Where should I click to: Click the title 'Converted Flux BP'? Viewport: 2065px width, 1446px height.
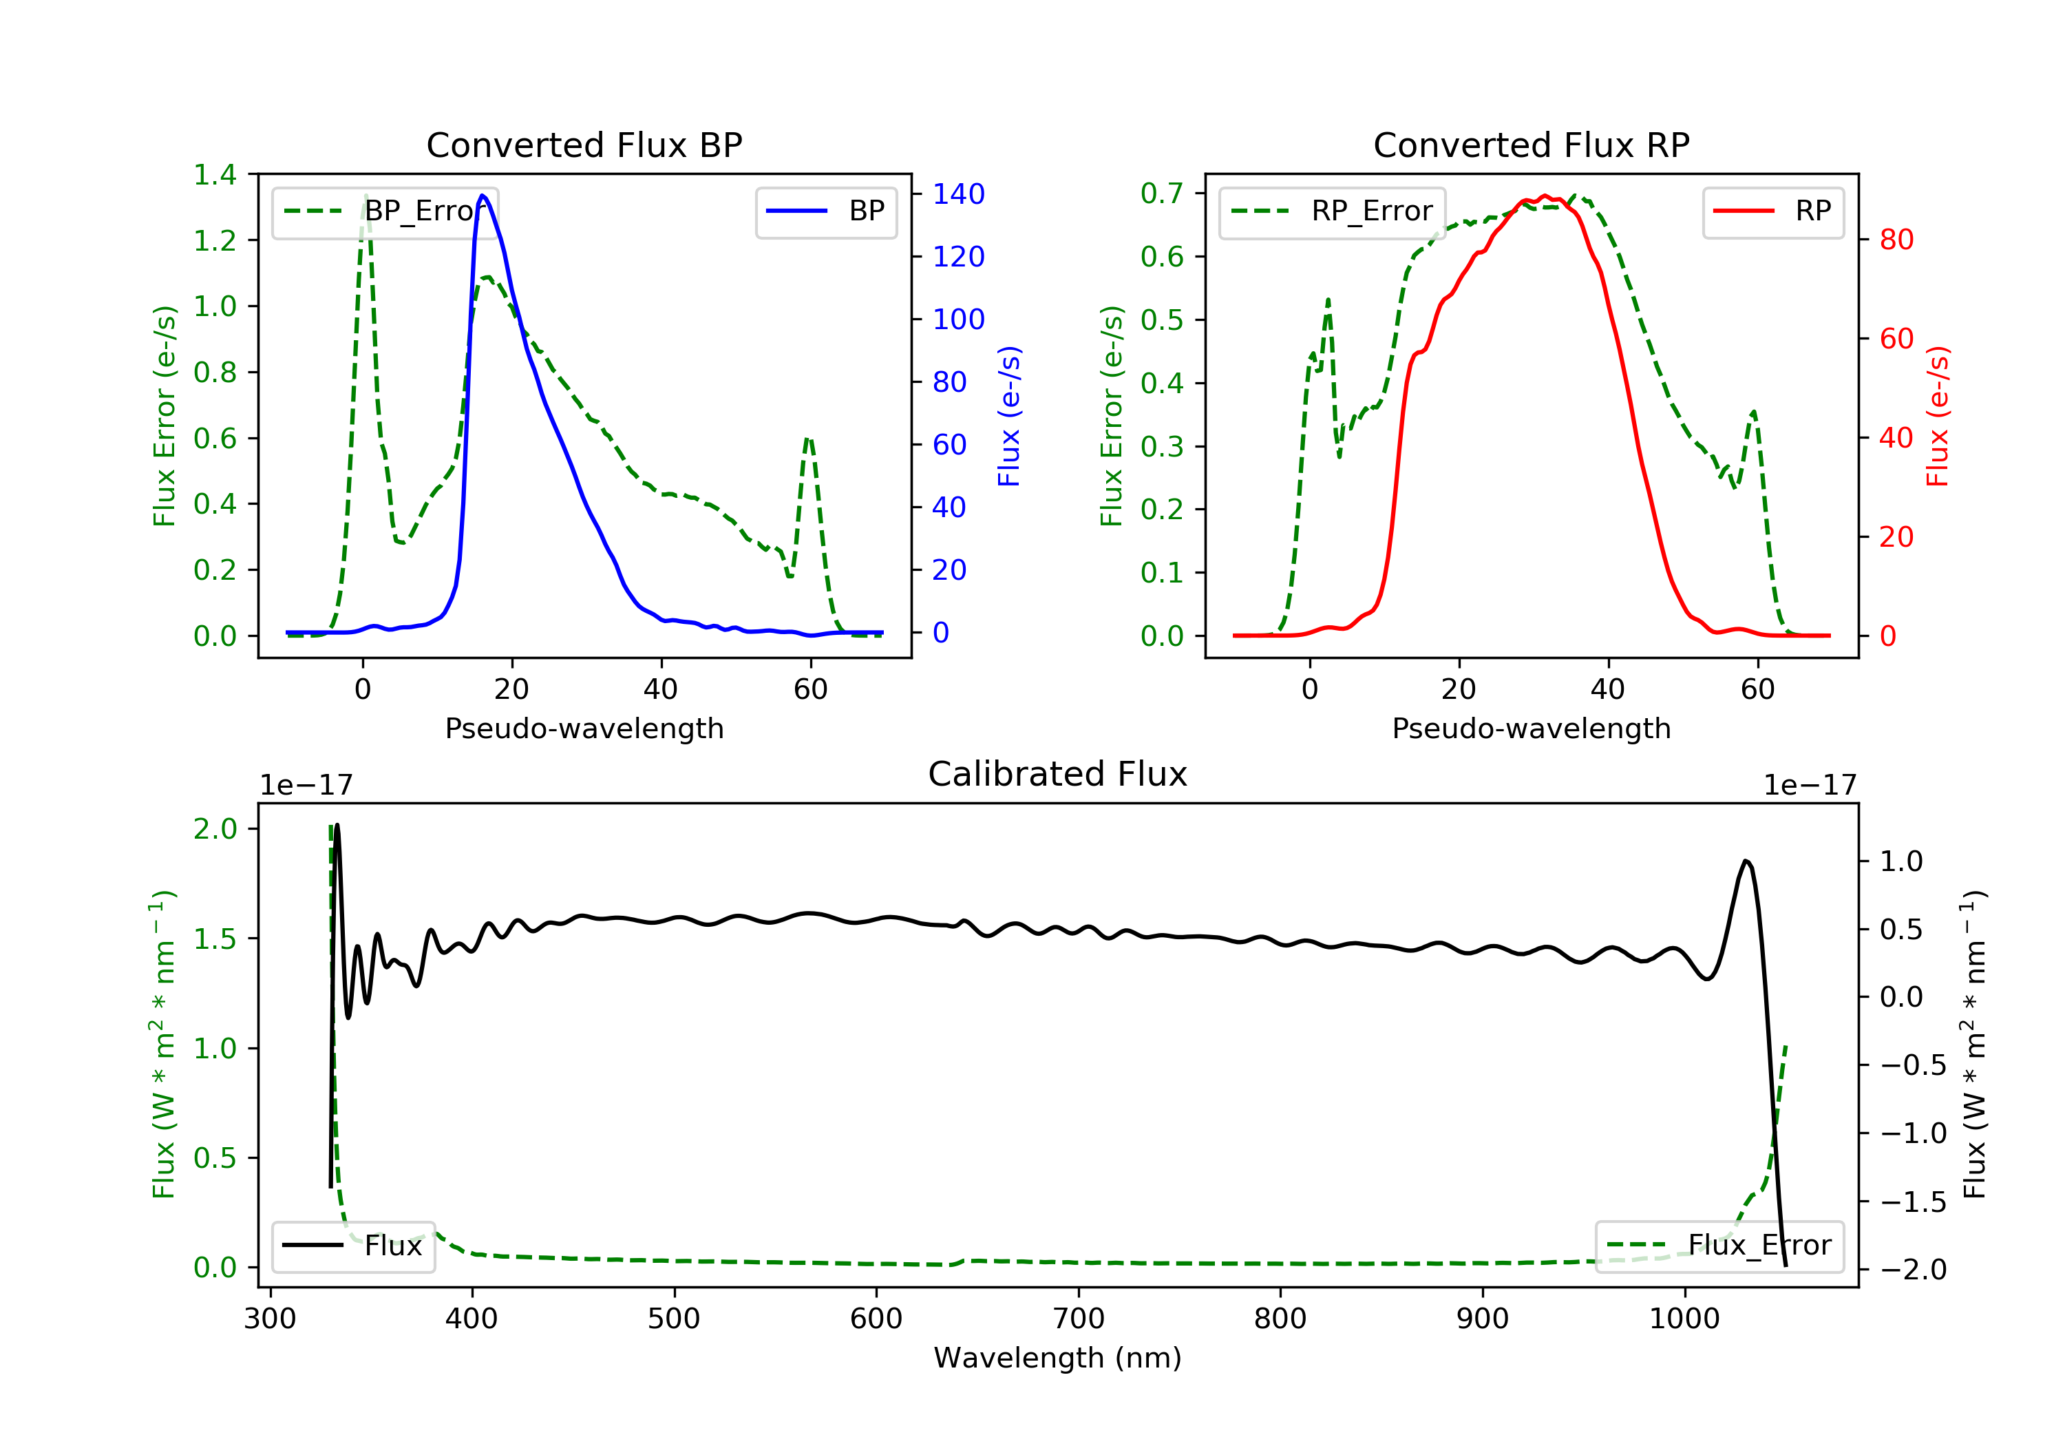584,145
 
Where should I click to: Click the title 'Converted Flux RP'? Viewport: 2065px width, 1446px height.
1531,145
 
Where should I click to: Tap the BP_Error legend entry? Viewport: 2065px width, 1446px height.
385,211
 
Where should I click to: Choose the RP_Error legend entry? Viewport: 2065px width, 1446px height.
1332,211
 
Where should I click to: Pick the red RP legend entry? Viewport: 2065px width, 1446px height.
1772,211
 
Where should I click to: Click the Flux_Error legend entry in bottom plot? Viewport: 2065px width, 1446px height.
1719,1246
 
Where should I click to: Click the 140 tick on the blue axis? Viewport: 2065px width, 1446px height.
958,194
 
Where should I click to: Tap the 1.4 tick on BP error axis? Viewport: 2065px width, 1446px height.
215,175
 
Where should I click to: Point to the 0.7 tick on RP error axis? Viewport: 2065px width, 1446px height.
1162,193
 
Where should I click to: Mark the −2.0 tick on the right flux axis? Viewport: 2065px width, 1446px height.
1912,1270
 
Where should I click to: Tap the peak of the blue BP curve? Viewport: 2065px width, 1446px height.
483,196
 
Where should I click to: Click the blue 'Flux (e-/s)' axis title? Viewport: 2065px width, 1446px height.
1009,416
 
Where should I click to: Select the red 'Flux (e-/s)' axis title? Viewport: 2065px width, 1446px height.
1937,416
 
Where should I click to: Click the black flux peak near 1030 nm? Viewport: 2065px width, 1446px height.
1746,861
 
